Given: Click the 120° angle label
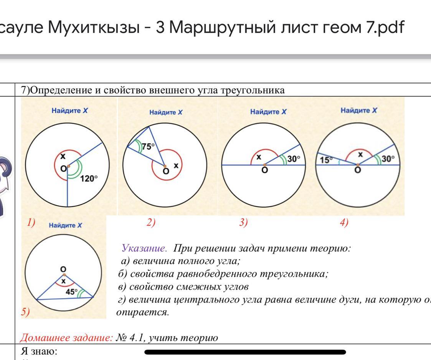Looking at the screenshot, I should pos(89,179).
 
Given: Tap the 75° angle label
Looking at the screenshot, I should pos(148,146).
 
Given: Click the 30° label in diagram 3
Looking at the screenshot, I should pos(293,158).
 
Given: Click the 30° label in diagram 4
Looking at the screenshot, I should pos(387,159).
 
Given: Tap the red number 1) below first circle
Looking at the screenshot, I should pos(31,222).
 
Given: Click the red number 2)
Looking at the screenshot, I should pos(151,222).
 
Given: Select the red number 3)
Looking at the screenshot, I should pos(243,222).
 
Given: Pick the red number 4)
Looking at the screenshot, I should pos(344,222).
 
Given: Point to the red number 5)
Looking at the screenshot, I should pos(25,312).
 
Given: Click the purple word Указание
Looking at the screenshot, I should pos(144,248).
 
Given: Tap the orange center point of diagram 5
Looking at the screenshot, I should pos(64,275).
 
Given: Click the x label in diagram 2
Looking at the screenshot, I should pos(176,165).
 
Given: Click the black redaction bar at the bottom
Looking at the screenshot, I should pos(245,352).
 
